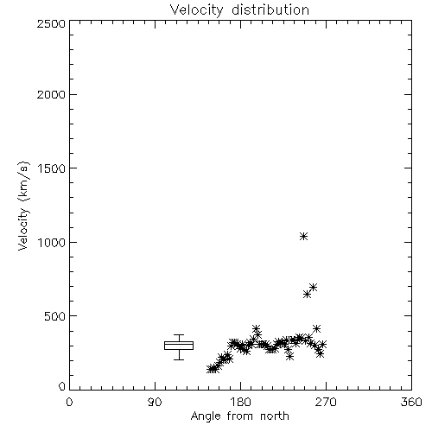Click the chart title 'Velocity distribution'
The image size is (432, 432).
(239, 10)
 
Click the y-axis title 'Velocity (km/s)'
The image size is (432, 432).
(23, 206)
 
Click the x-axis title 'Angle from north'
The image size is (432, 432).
(239, 416)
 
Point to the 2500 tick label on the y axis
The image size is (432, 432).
(51, 23)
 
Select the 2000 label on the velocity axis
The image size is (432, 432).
(51, 94)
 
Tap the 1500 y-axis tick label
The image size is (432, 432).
(52, 168)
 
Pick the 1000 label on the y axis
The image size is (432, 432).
(52, 242)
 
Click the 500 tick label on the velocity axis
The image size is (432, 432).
(55, 316)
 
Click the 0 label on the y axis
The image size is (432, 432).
(62, 386)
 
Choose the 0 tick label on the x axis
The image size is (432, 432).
(69, 402)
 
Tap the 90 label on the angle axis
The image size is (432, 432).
(155, 402)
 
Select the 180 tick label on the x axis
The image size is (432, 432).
(240, 402)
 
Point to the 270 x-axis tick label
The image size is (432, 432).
(326, 402)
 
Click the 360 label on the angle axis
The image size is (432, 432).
(411, 402)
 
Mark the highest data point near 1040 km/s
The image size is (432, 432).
(303, 237)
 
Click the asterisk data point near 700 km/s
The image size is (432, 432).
(314, 287)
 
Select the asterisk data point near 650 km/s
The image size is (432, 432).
(307, 294)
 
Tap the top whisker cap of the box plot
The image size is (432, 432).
(179, 334)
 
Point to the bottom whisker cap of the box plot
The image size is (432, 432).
(179, 359)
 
